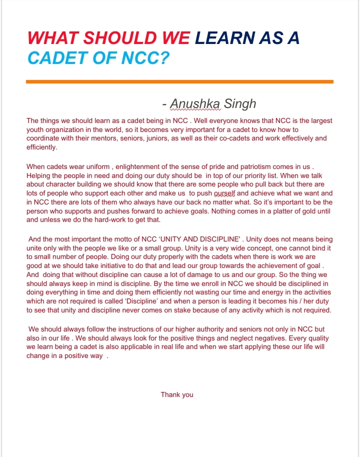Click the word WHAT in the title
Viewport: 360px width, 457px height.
pos(50,38)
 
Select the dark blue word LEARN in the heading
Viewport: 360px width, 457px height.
pos(219,38)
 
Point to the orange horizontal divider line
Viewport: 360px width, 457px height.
pos(179,81)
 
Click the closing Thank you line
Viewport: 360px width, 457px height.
pos(177,394)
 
